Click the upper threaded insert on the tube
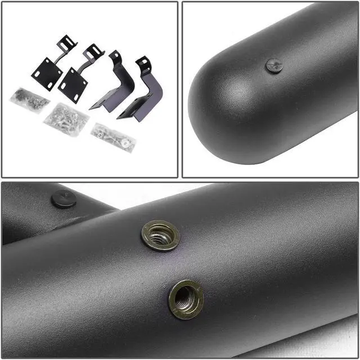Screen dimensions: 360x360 click(160, 235)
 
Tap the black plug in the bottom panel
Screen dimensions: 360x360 click(64, 199)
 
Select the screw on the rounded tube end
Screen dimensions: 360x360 click(274, 66)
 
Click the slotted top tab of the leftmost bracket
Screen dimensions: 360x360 click(66, 43)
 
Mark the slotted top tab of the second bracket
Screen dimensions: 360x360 click(93, 52)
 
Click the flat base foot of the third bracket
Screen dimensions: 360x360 click(105, 103)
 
